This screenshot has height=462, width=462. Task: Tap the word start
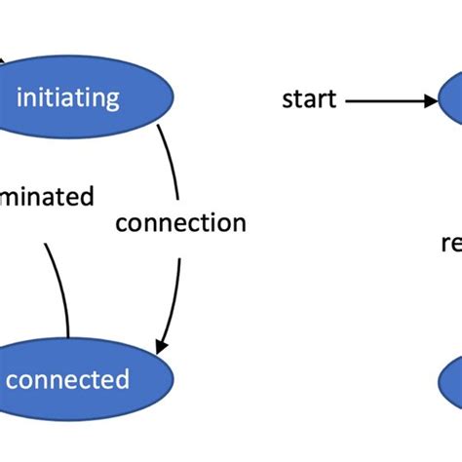(x=308, y=98)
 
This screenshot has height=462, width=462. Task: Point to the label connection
(x=180, y=223)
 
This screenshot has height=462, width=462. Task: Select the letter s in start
(x=287, y=99)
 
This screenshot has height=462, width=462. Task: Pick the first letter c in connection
(x=121, y=224)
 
